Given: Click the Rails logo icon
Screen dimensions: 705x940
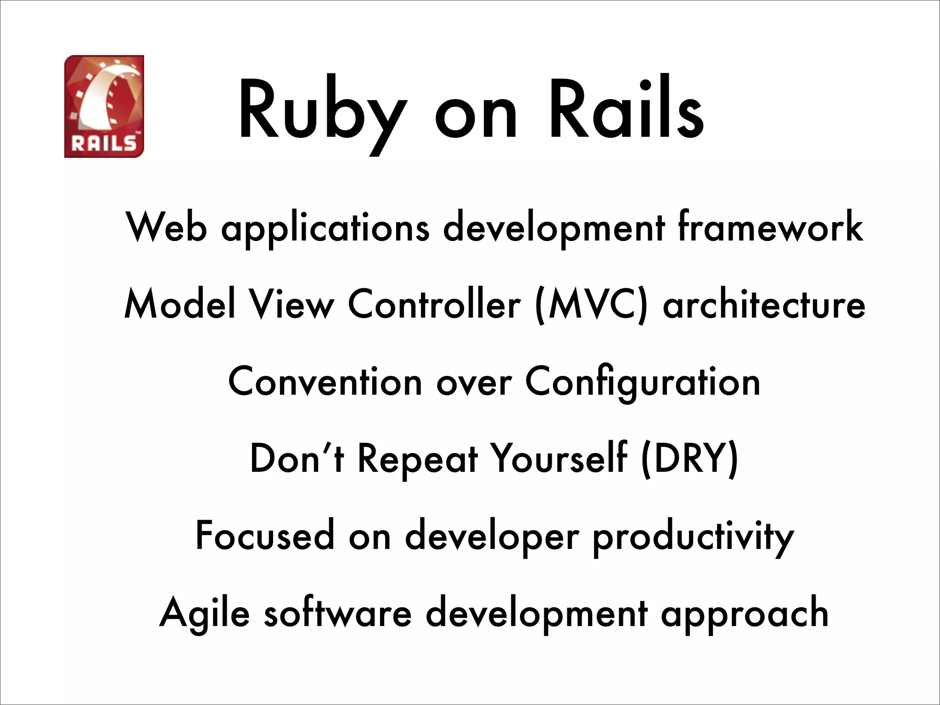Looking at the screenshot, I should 104,106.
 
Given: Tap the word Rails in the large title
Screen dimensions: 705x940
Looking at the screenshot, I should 627,110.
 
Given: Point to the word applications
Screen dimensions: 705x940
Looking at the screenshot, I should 325,228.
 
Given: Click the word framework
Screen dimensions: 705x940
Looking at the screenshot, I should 770,227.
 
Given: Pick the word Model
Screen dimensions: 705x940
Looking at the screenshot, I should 179,304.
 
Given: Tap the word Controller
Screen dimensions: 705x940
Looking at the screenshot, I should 434,304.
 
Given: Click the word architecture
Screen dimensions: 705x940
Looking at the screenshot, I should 764,304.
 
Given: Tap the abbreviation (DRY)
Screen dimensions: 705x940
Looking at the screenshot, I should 690,459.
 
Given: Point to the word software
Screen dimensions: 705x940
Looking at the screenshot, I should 338,613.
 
